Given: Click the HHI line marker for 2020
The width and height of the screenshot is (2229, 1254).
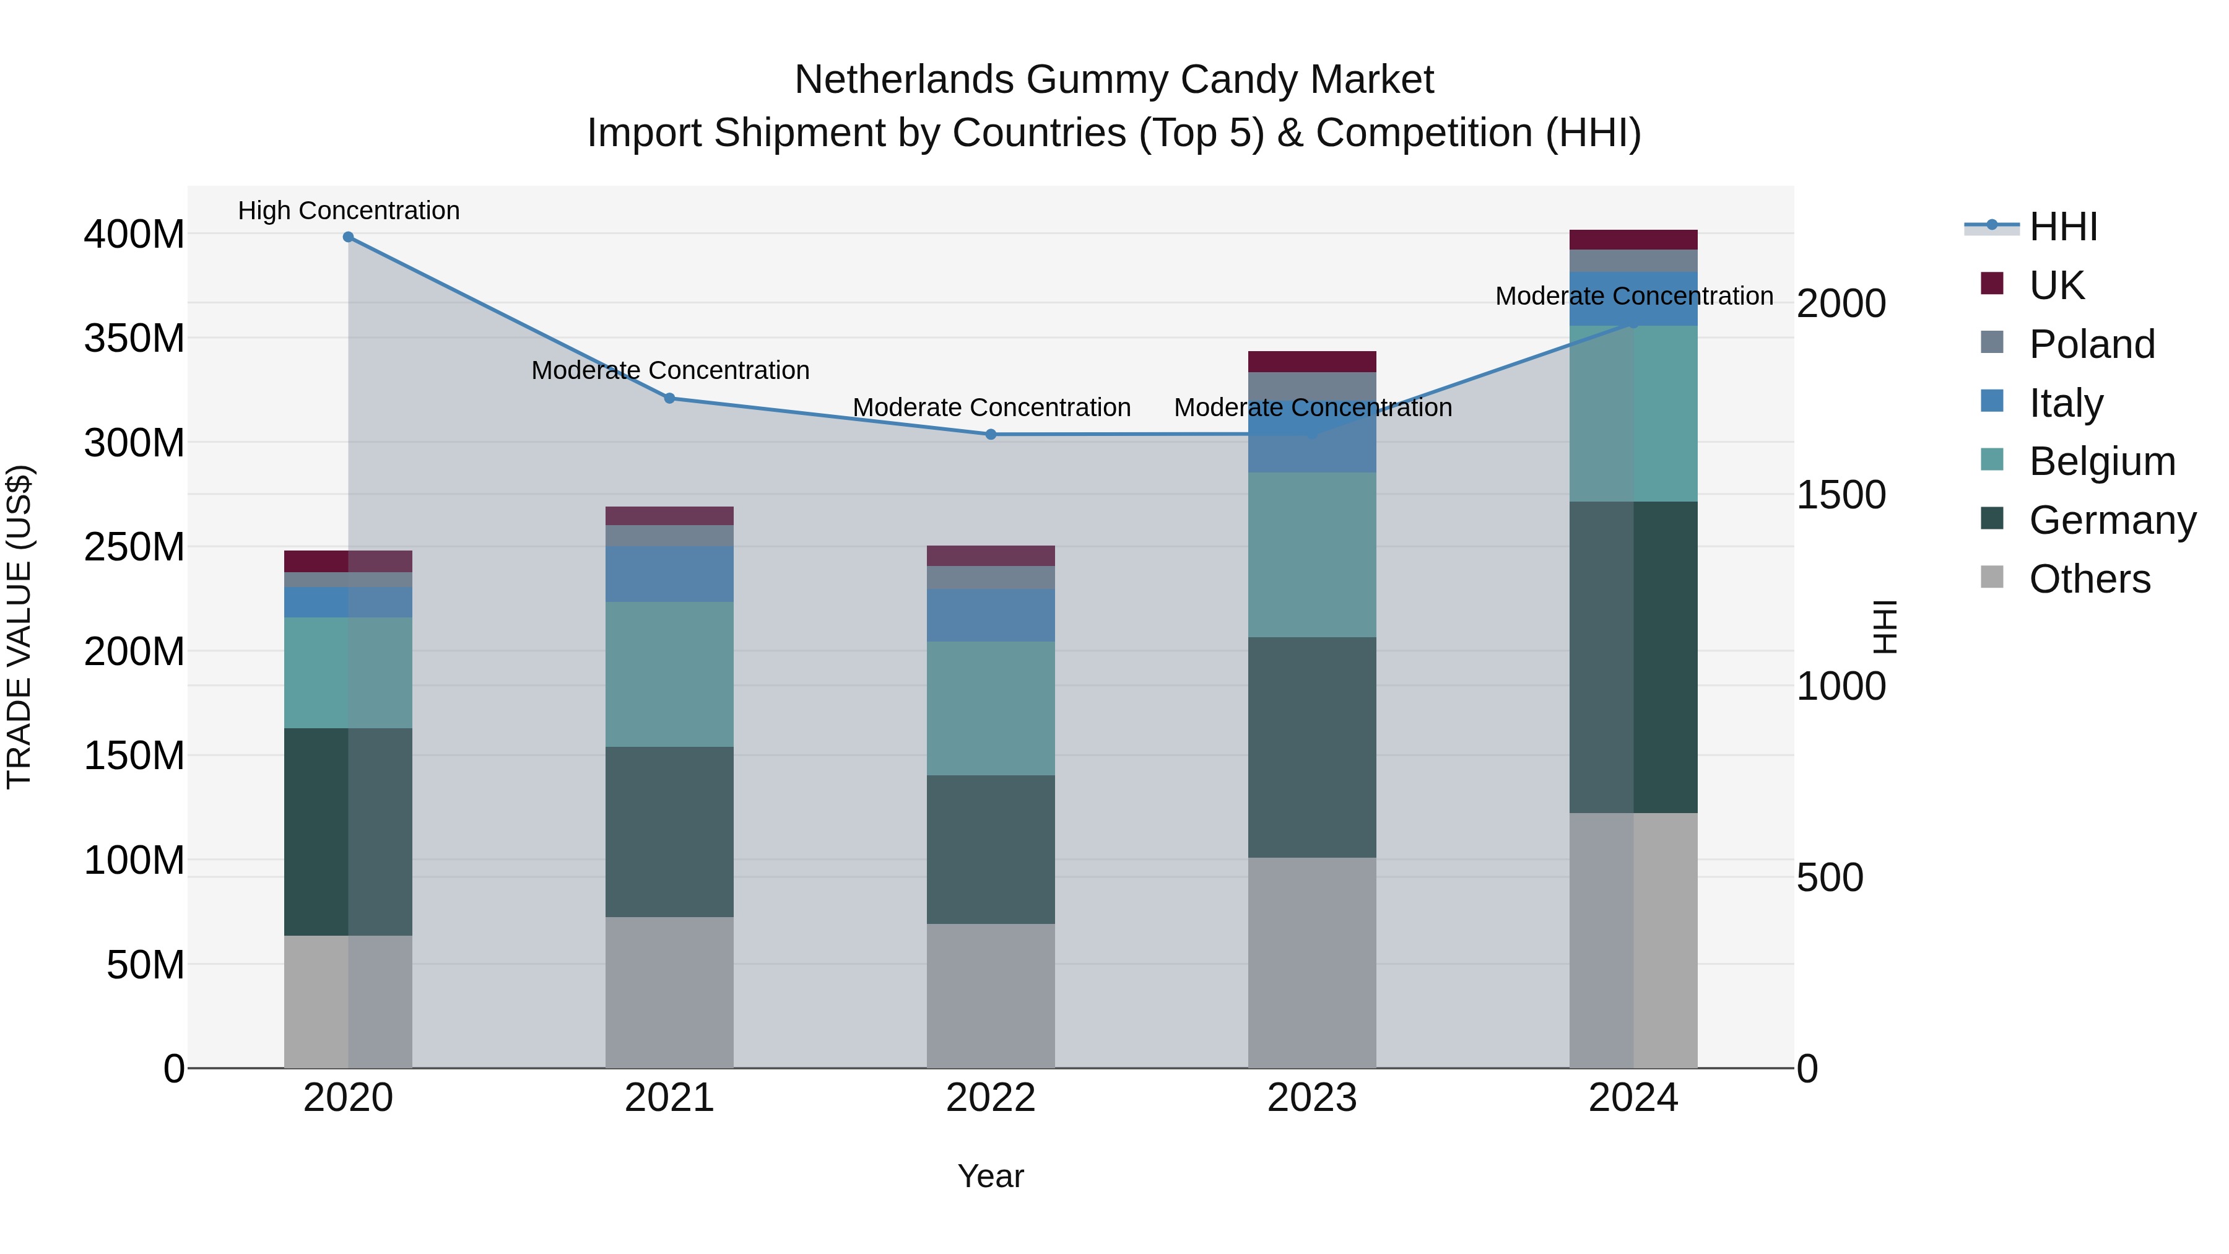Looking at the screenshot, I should (x=348, y=237).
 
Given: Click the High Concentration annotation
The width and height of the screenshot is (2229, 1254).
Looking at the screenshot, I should (x=349, y=211).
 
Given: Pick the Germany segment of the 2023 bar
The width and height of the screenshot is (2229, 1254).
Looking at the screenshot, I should (x=1312, y=747).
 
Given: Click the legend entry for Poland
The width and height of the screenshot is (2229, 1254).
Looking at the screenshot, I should (x=2092, y=344).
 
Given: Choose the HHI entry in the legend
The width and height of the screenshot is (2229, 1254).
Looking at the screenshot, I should (x=2063, y=227).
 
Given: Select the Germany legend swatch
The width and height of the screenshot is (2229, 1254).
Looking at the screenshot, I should (x=1992, y=520).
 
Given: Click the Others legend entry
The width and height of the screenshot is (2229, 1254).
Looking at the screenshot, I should (x=2089, y=579).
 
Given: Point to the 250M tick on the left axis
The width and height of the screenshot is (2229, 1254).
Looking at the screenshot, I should (x=134, y=547).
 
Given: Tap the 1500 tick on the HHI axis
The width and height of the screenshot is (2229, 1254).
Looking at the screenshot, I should (x=1841, y=495).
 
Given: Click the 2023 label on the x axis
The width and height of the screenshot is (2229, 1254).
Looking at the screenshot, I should (x=1312, y=1098).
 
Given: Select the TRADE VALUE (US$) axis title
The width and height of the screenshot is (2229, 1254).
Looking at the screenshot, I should (x=19, y=627).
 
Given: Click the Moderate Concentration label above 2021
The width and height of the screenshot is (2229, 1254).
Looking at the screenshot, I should (x=671, y=370).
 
